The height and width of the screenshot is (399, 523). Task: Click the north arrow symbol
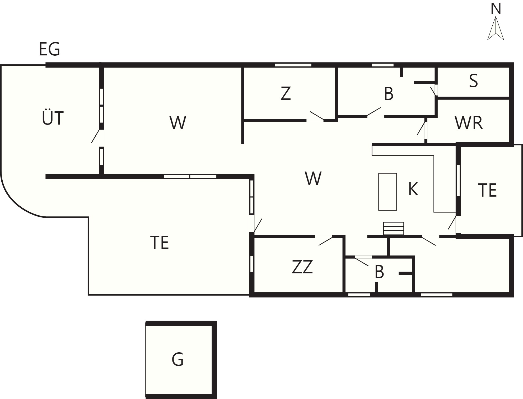(496, 28)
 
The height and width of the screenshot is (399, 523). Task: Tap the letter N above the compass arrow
(496, 9)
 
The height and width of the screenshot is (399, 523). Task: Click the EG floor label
(49, 49)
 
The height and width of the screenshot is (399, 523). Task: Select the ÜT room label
(53, 117)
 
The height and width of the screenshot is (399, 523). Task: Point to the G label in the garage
(178, 359)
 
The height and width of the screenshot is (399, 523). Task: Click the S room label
(473, 81)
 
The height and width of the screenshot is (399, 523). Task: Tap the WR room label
(469, 123)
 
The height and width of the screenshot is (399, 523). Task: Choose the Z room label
(286, 93)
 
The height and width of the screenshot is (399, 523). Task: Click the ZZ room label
(302, 267)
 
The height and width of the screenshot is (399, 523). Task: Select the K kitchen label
(413, 189)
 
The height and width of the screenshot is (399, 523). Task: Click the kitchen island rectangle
(387, 192)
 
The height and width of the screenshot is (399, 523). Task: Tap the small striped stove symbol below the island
(394, 228)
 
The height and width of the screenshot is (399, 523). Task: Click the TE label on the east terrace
(487, 190)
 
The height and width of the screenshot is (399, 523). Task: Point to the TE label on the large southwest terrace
(159, 243)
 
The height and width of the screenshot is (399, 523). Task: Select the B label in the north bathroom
(389, 94)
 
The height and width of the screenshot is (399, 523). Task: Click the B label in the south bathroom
(379, 272)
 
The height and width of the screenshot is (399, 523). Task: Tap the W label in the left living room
(178, 123)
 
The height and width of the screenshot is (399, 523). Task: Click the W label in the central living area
(313, 178)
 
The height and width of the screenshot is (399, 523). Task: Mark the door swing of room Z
(317, 116)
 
